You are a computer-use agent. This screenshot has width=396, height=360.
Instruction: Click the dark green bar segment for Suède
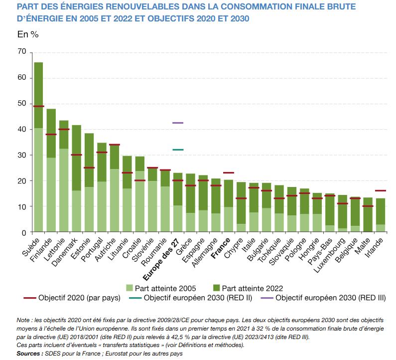38,95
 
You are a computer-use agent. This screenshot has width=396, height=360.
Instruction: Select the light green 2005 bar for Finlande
51,194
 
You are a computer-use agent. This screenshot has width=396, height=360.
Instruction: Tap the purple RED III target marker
178,123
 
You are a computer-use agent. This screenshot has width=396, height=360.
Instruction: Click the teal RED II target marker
178,150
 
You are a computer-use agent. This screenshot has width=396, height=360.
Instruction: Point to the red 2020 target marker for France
229,173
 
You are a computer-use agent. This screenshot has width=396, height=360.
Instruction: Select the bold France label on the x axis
219,249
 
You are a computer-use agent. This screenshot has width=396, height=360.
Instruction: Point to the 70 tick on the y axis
21,52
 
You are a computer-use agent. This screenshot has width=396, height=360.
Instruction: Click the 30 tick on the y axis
21,155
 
